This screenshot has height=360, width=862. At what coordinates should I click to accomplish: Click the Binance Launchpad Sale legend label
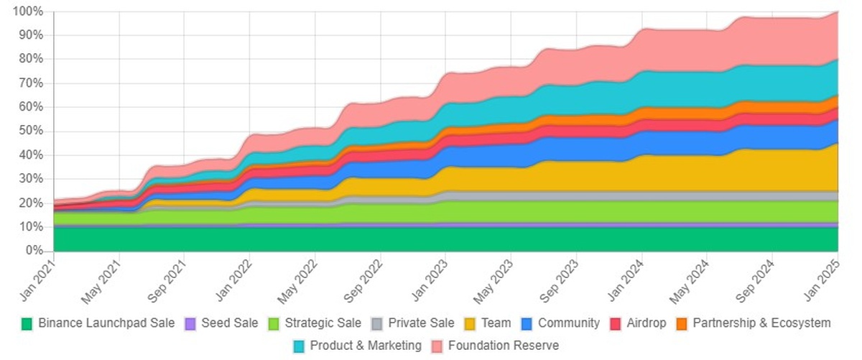[106, 323]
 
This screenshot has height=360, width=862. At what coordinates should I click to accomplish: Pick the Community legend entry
[568, 323]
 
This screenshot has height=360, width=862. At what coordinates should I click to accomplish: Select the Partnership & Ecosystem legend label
[761, 323]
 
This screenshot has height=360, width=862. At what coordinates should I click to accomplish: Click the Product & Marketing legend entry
[366, 346]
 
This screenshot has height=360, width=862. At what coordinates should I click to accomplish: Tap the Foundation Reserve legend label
[503, 346]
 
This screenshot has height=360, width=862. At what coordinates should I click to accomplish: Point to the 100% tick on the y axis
[28, 11]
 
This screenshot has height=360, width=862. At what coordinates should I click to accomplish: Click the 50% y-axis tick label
[31, 131]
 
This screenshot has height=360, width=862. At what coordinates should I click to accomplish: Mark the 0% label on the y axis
[34, 251]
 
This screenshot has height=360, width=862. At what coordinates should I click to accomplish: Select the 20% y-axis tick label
[31, 203]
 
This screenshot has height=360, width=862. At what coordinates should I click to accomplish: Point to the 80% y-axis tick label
[31, 60]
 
